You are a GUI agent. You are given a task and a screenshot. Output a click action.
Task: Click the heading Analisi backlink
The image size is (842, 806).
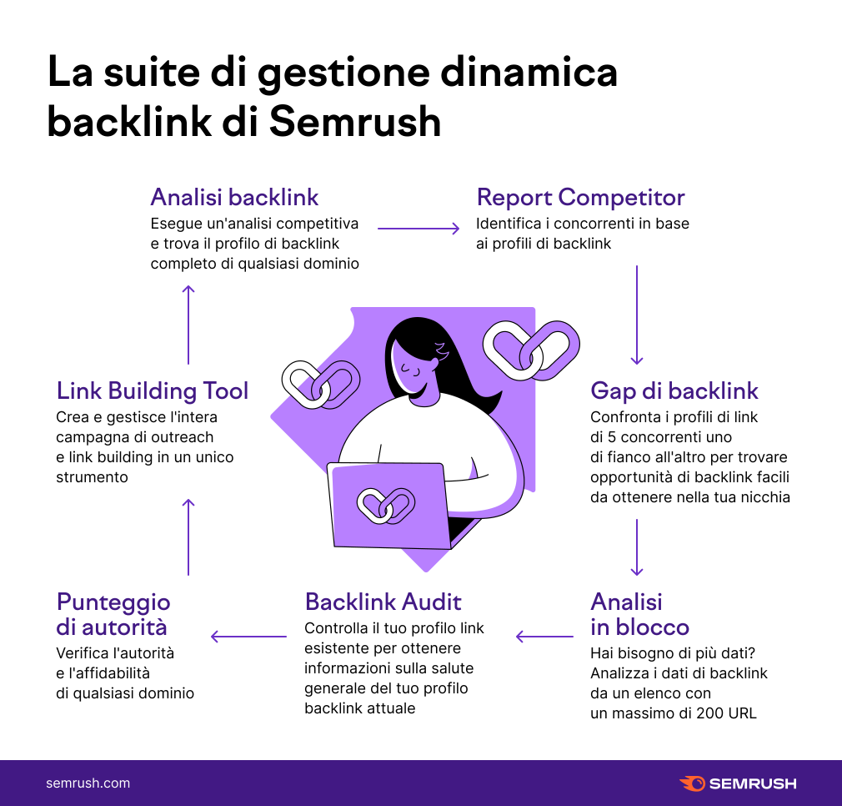click(x=234, y=198)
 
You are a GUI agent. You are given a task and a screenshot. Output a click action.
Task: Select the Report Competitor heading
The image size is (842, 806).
click(x=580, y=198)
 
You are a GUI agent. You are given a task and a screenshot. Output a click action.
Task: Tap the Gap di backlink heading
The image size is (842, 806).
click(x=674, y=390)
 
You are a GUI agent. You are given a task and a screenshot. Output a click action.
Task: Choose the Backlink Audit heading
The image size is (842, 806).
click(x=383, y=602)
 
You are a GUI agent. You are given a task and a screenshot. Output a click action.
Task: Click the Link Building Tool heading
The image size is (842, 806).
click(x=153, y=390)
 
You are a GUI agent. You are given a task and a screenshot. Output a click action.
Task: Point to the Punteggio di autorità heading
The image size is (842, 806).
click(x=113, y=614)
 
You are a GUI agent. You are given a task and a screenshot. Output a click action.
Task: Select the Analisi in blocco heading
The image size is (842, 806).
click(x=639, y=614)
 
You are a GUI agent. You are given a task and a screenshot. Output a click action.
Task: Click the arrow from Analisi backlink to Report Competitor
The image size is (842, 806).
click(x=418, y=228)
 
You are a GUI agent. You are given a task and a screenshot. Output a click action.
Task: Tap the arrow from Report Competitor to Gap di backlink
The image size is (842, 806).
click(x=637, y=315)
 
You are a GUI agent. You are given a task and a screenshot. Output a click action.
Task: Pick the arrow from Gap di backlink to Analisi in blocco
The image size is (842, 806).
click(x=637, y=547)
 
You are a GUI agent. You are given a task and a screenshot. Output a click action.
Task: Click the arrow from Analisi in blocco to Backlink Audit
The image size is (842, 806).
click(x=543, y=637)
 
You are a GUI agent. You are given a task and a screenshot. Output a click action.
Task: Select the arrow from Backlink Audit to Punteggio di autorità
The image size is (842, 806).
click(x=248, y=637)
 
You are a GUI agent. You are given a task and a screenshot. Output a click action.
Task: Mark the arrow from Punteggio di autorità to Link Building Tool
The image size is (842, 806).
click(x=188, y=536)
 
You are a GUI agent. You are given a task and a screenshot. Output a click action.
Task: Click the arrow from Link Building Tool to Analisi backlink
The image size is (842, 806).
click(x=188, y=324)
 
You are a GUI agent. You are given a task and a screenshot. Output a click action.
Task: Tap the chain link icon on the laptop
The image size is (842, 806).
click(x=386, y=505)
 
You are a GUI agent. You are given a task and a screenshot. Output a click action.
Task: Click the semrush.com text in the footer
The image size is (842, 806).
click(x=88, y=783)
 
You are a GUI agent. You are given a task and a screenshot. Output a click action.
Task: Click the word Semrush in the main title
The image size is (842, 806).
click(x=355, y=122)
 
